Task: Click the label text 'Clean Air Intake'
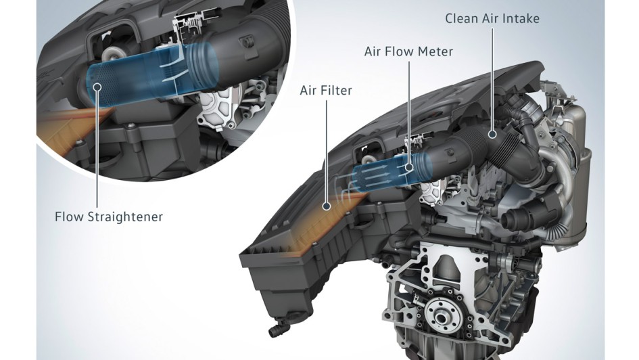[492, 18]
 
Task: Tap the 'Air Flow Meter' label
[408, 51]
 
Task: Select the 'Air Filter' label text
[326, 90]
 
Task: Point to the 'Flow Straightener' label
[109, 217]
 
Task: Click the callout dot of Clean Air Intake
[492, 133]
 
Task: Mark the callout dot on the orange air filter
[326, 206]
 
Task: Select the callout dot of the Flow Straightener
[97, 87]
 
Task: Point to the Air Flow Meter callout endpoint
[409, 166]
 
